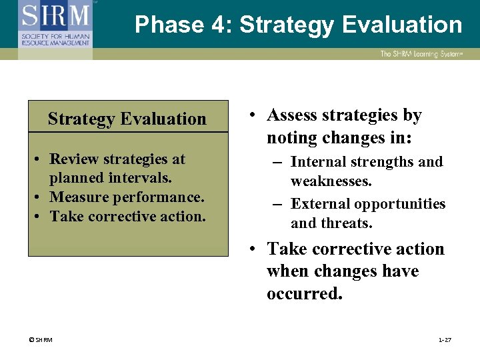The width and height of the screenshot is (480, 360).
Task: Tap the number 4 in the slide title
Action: click(x=223, y=25)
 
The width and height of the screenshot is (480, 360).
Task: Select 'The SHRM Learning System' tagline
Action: click(x=421, y=54)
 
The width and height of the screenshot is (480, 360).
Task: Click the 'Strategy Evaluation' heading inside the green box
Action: click(x=127, y=119)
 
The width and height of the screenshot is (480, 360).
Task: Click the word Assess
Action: click(x=293, y=115)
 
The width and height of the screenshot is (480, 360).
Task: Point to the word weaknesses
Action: click(x=331, y=181)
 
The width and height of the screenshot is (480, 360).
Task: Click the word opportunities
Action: click(x=401, y=203)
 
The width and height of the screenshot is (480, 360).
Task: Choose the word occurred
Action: click(x=304, y=294)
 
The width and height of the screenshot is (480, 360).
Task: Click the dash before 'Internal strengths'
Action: click(x=277, y=162)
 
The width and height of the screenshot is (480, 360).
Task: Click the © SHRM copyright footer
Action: click(x=40, y=340)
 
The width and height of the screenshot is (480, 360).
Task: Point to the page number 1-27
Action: click(x=445, y=340)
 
